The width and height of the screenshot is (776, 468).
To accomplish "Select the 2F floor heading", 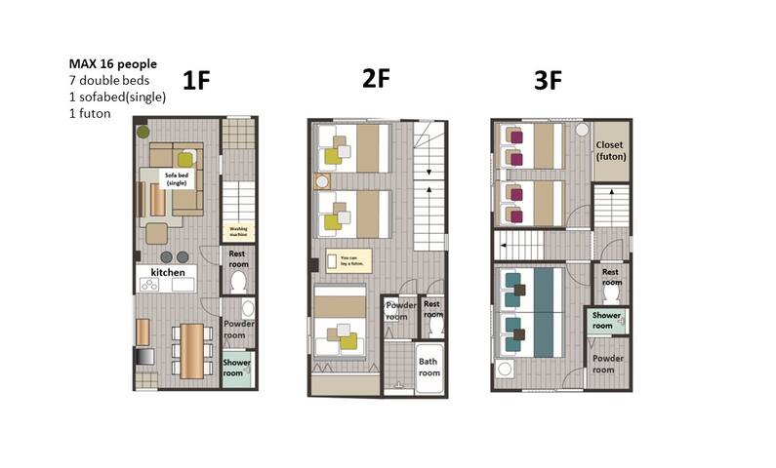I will click(376, 79).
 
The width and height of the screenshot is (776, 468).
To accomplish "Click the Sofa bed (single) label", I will click(176, 178).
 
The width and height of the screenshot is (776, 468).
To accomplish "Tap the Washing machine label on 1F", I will click(237, 233).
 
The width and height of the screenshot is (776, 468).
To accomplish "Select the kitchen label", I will click(167, 272).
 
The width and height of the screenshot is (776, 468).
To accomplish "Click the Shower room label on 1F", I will click(236, 368).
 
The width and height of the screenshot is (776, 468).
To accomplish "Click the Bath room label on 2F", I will click(429, 367).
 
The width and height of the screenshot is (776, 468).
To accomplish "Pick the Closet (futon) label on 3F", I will click(610, 150).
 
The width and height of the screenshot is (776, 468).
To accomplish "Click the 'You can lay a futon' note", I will click(349, 261).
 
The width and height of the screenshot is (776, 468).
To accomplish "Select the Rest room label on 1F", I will click(237, 257).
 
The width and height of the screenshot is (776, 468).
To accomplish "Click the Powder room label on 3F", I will click(607, 364).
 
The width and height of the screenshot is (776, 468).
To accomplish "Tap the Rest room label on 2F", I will click(431, 309).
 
